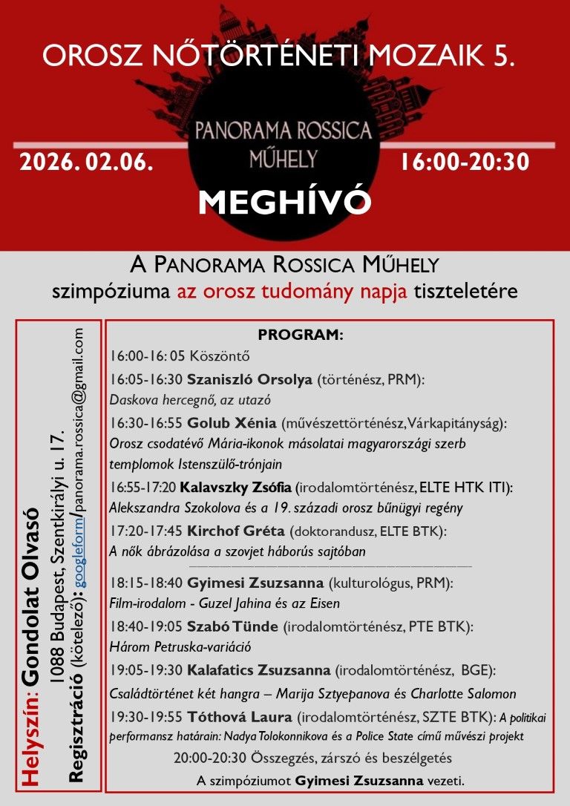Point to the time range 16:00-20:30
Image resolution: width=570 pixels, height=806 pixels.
click(x=465, y=163)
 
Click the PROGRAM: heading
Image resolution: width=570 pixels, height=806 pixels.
click(x=301, y=335)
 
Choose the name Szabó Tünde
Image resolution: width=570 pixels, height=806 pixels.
click(x=232, y=627)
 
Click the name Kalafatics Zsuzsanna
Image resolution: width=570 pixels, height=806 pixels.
click(x=259, y=671)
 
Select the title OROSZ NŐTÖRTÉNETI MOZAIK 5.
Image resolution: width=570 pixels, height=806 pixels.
click(x=279, y=56)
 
